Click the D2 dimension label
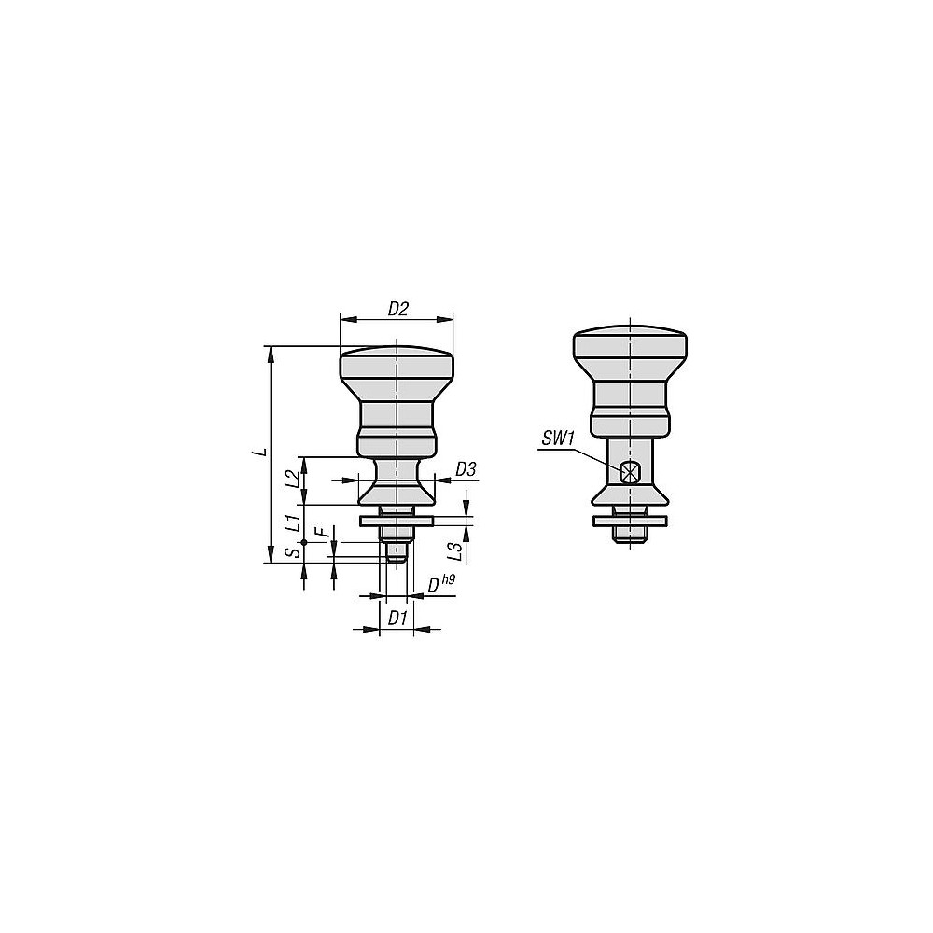(x=398, y=309)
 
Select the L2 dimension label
(x=291, y=479)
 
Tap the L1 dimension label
(x=291, y=522)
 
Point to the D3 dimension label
(x=466, y=469)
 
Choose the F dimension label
(x=325, y=533)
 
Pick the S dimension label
(x=291, y=552)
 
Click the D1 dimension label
(x=397, y=619)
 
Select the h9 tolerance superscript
(x=448, y=578)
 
